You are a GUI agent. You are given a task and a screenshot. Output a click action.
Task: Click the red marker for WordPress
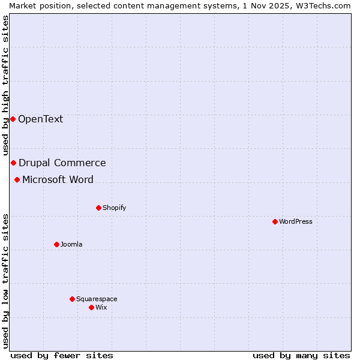coord(275,221)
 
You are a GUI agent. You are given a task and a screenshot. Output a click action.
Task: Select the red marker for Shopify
coord(98,208)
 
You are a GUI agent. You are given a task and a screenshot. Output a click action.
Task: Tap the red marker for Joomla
coord(56,244)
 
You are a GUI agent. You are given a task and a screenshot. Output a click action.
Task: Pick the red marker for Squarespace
coord(72,299)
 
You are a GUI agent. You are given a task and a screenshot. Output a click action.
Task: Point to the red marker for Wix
coord(91,307)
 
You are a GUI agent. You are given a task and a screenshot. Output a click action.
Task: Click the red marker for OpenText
coord(13,119)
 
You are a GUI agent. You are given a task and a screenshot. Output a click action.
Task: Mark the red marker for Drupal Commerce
coord(13,163)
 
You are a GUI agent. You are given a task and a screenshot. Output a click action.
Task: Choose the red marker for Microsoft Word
coord(17,179)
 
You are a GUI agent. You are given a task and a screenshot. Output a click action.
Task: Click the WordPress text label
coord(296,221)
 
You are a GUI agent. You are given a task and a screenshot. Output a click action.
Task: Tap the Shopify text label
coord(114,208)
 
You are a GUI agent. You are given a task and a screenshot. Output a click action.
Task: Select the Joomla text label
coord(71,244)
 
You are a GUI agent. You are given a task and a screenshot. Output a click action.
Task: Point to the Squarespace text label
coord(97,299)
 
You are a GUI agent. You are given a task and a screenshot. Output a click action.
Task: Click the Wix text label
coord(101,307)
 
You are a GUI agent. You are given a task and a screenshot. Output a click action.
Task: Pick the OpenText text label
coord(40,119)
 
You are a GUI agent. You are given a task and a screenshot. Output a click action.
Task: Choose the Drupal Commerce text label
coord(62,163)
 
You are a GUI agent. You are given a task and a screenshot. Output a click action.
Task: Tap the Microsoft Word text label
coord(58,179)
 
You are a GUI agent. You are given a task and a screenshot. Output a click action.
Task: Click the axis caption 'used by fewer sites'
coord(62,355)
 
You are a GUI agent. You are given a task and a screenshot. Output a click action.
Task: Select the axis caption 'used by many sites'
coord(301,355)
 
